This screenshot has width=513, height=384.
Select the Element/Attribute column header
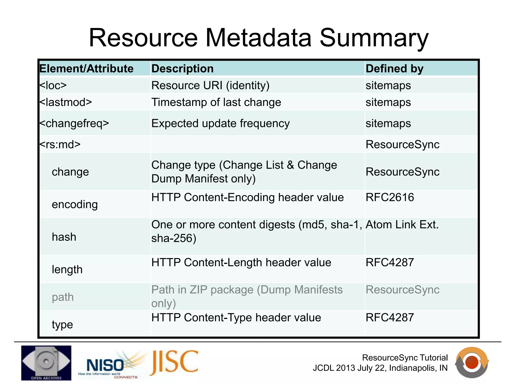[x=86, y=69]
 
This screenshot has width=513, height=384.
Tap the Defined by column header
[x=394, y=69]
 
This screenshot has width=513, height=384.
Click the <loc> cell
[x=53, y=85]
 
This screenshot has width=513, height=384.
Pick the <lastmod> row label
[x=66, y=102]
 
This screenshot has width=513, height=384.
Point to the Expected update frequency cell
[x=220, y=123]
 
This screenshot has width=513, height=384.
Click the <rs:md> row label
[x=60, y=144]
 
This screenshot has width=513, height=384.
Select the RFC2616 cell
[x=390, y=197]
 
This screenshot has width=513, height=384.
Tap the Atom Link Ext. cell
[x=402, y=225]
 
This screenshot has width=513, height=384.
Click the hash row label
[x=64, y=237]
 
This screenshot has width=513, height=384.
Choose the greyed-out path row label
[x=63, y=297]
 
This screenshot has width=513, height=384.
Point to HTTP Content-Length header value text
[x=241, y=263]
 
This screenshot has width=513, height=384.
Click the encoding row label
[x=75, y=204]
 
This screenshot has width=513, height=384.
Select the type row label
[x=62, y=325]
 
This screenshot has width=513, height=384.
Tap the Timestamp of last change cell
[x=216, y=102]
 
